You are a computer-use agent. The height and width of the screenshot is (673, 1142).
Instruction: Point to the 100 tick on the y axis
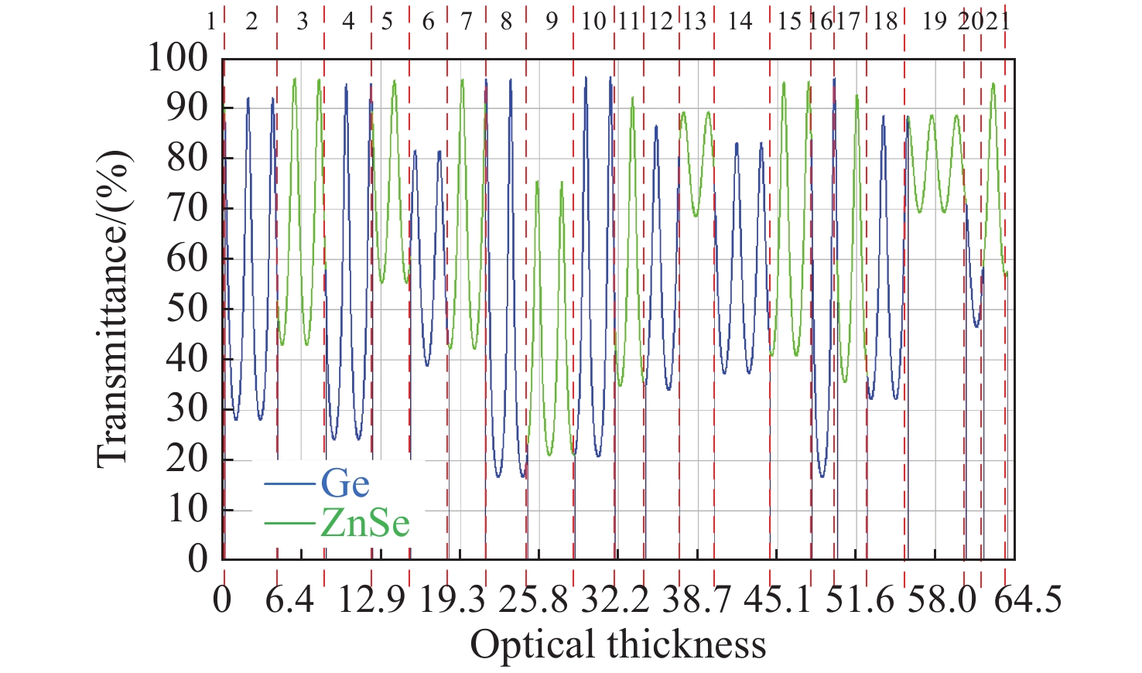tap(179, 58)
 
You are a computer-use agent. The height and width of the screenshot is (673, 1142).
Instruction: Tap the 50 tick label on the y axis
tap(188, 309)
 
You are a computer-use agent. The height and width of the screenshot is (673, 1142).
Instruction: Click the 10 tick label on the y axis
tap(188, 510)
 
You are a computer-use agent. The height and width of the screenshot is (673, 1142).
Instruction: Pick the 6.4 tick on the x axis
tap(291, 601)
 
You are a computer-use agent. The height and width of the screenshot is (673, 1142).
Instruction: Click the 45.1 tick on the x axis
tap(778, 601)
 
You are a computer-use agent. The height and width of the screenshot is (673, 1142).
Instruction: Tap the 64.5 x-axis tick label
tap(1027, 601)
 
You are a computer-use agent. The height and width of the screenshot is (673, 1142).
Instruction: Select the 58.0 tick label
tap(942, 601)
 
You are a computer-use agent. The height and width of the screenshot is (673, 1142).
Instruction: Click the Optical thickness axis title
tap(618, 644)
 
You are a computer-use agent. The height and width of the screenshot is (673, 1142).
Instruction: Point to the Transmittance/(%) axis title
tap(113, 309)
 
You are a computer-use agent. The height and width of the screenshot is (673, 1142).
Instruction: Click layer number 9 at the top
tap(551, 21)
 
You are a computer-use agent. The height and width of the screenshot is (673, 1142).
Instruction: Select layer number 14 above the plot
tap(740, 21)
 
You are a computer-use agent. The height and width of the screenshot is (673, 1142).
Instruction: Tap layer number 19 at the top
tap(935, 21)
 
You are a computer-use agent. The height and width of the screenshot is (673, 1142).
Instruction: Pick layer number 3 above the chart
tap(302, 21)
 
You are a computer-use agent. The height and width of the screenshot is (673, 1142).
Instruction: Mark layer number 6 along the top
tap(428, 21)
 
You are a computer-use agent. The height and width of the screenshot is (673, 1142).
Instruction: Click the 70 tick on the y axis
tap(188, 208)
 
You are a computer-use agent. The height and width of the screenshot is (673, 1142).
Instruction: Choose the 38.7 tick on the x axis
tap(696, 601)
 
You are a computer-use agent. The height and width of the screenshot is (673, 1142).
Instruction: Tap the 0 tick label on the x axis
tap(222, 601)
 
